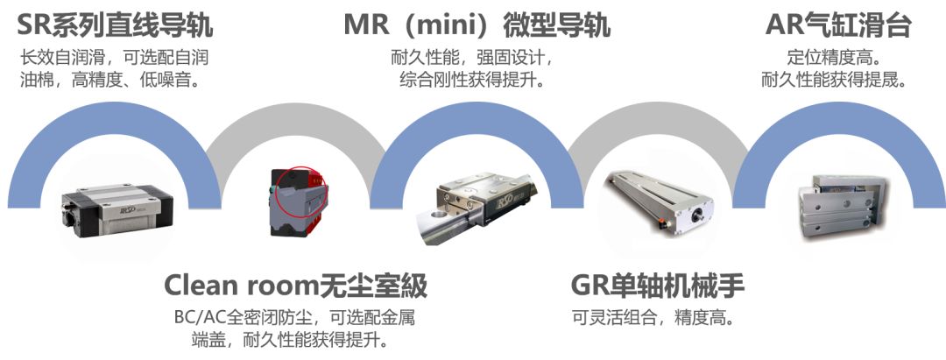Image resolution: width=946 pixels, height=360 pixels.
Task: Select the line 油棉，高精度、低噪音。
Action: pyautogui.click(x=114, y=81)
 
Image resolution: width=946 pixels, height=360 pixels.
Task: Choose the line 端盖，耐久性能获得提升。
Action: pyautogui.click(x=289, y=339)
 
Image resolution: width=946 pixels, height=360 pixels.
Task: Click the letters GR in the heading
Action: pyautogui.click(x=592, y=286)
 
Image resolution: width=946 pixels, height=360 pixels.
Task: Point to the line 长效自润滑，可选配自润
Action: pyautogui.click(x=114, y=58)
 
